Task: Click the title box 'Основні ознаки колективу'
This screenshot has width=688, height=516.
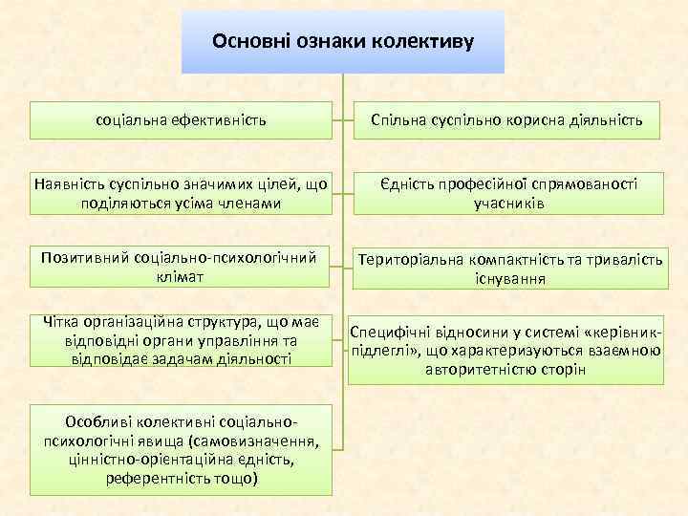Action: click(x=343, y=42)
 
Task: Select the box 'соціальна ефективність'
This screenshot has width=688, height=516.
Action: click(x=182, y=120)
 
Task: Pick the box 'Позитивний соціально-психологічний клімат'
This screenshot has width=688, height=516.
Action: click(x=182, y=267)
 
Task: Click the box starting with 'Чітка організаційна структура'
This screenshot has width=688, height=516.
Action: click(x=182, y=339)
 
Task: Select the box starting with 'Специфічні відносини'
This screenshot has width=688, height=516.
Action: click(x=505, y=351)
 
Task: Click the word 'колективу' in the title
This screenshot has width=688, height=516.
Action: click(x=429, y=42)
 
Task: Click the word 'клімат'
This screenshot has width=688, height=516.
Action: click(x=182, y=276)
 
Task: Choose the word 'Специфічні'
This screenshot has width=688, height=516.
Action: click(x=388, y=332)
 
